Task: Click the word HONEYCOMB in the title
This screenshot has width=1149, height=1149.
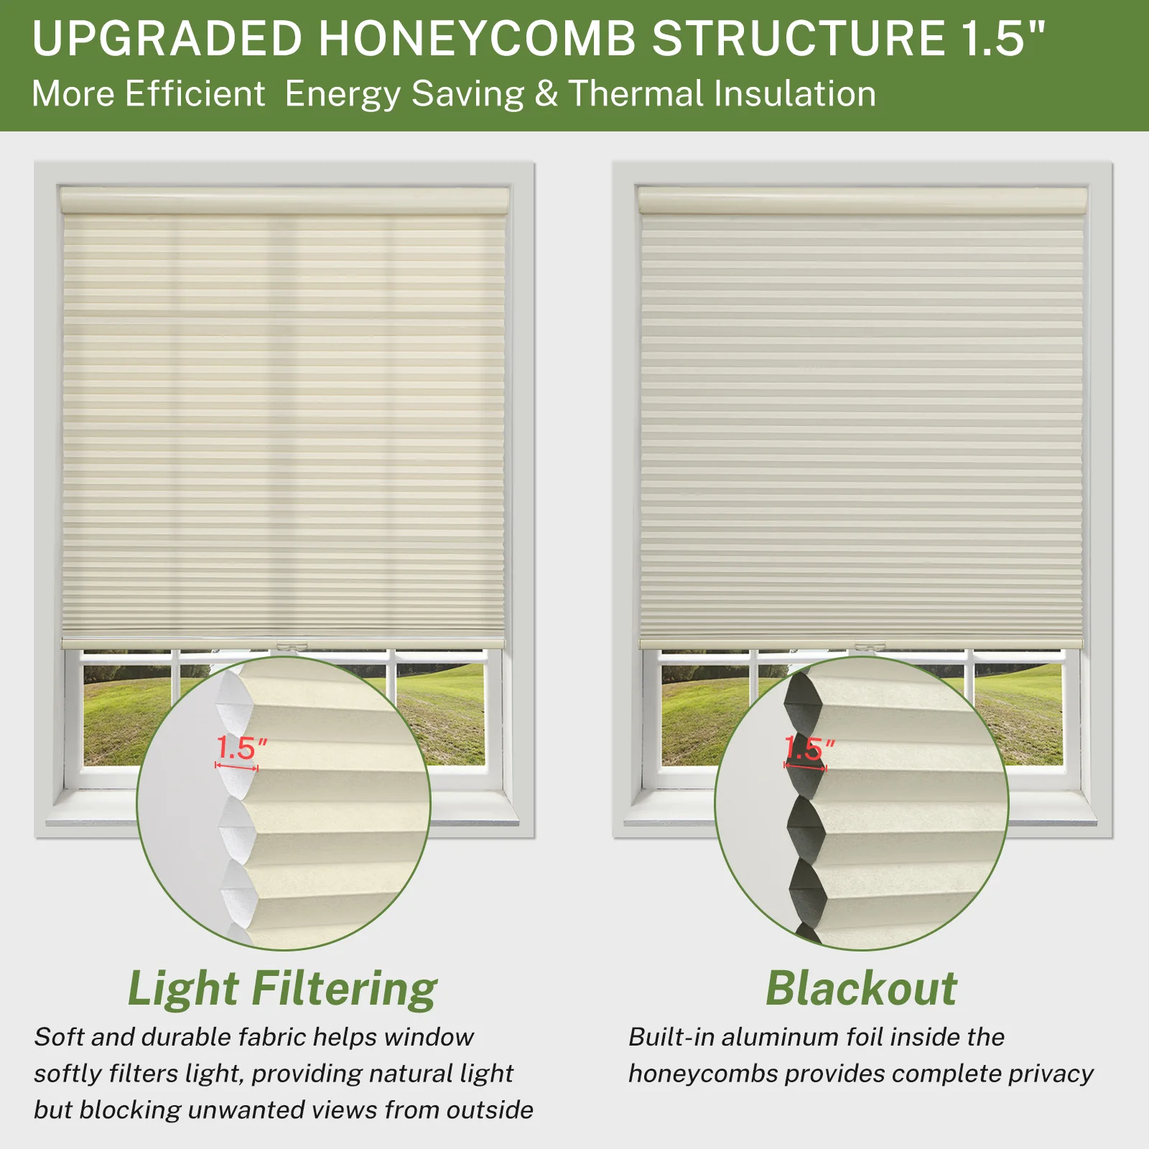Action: [x=478, y=38]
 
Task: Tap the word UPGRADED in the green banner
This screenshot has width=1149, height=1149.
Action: [x=168, y=38]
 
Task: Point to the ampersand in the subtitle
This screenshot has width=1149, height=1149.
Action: [x=546, y=94]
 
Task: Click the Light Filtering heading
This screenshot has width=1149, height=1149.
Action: [x=282, y=990]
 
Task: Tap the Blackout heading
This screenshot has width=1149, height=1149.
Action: [x=861, y=988]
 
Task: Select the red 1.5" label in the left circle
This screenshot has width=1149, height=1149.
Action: [x=242, y=748]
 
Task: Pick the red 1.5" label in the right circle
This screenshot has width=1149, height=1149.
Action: [x=809, y=748]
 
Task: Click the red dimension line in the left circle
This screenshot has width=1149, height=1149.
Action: [x=236, y=767]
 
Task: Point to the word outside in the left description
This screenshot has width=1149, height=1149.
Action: [x=490, y=1110]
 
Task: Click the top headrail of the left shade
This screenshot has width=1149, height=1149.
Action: [x=284, y=200]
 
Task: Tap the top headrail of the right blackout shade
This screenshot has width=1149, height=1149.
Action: [x=862, y=200]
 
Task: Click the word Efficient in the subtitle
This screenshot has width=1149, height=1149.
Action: [x=195, y=94]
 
